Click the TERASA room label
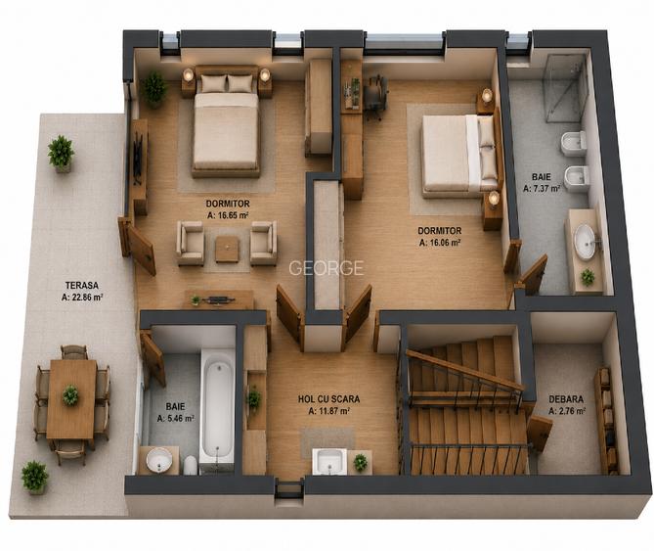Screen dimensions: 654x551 [82, 286]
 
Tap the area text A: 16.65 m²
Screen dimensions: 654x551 [228, 215]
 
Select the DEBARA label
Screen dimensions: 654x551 [566, 399]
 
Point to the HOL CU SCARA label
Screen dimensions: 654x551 [328, 399]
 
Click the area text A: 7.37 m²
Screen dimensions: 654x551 [542, 188]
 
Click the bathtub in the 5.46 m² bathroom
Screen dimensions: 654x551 [217, 410]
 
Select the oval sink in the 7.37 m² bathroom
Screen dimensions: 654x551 [585, 242]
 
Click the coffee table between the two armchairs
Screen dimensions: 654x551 [228, 249]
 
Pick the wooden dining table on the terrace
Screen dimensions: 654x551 [71, 399]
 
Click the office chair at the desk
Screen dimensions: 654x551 [375, 98]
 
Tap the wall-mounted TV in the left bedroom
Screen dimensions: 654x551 [137, 158]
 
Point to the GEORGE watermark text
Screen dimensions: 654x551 [327, 268]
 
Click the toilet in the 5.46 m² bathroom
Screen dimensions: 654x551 [191, 465]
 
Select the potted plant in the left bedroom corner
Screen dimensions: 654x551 [153, 88]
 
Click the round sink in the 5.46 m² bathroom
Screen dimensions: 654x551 [159, 460]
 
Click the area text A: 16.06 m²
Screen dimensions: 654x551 [440, 243]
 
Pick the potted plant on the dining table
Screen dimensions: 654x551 [70, 395]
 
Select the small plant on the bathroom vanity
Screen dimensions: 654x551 [588, 277]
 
